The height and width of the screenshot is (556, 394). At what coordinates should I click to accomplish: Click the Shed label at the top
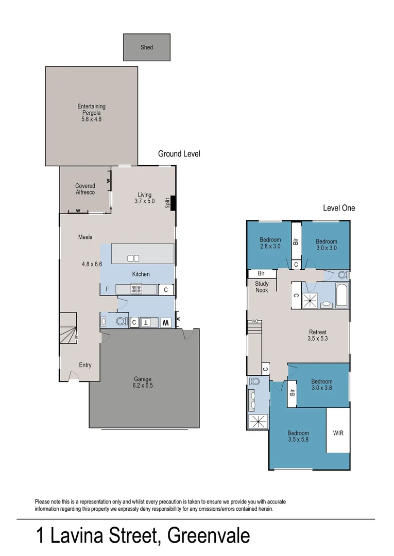tap(147, 47)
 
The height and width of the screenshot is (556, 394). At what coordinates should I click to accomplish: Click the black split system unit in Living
tap(173, 203)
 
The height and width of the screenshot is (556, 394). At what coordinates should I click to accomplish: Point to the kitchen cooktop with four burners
tap(137, 289)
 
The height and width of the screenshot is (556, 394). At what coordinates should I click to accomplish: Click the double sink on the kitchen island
tap(134, 258)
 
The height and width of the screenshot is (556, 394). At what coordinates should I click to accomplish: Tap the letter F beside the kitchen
tap(107, 289)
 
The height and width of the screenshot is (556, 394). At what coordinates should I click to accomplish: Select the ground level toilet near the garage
tap(121, 322)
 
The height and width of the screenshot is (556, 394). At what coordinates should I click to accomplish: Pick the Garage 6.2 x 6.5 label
tap(143, 382)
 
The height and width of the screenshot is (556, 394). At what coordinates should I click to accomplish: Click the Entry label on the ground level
tap(85, 365)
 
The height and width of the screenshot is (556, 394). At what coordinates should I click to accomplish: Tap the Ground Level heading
tap(179, 154)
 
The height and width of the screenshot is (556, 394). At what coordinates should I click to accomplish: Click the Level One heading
tap(338, 208)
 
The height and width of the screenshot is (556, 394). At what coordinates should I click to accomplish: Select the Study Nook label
tap(261, 287)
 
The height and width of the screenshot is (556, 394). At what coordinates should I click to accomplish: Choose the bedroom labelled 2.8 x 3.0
tap(270, 243)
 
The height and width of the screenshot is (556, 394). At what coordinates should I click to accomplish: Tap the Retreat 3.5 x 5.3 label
tap(317, 335)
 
